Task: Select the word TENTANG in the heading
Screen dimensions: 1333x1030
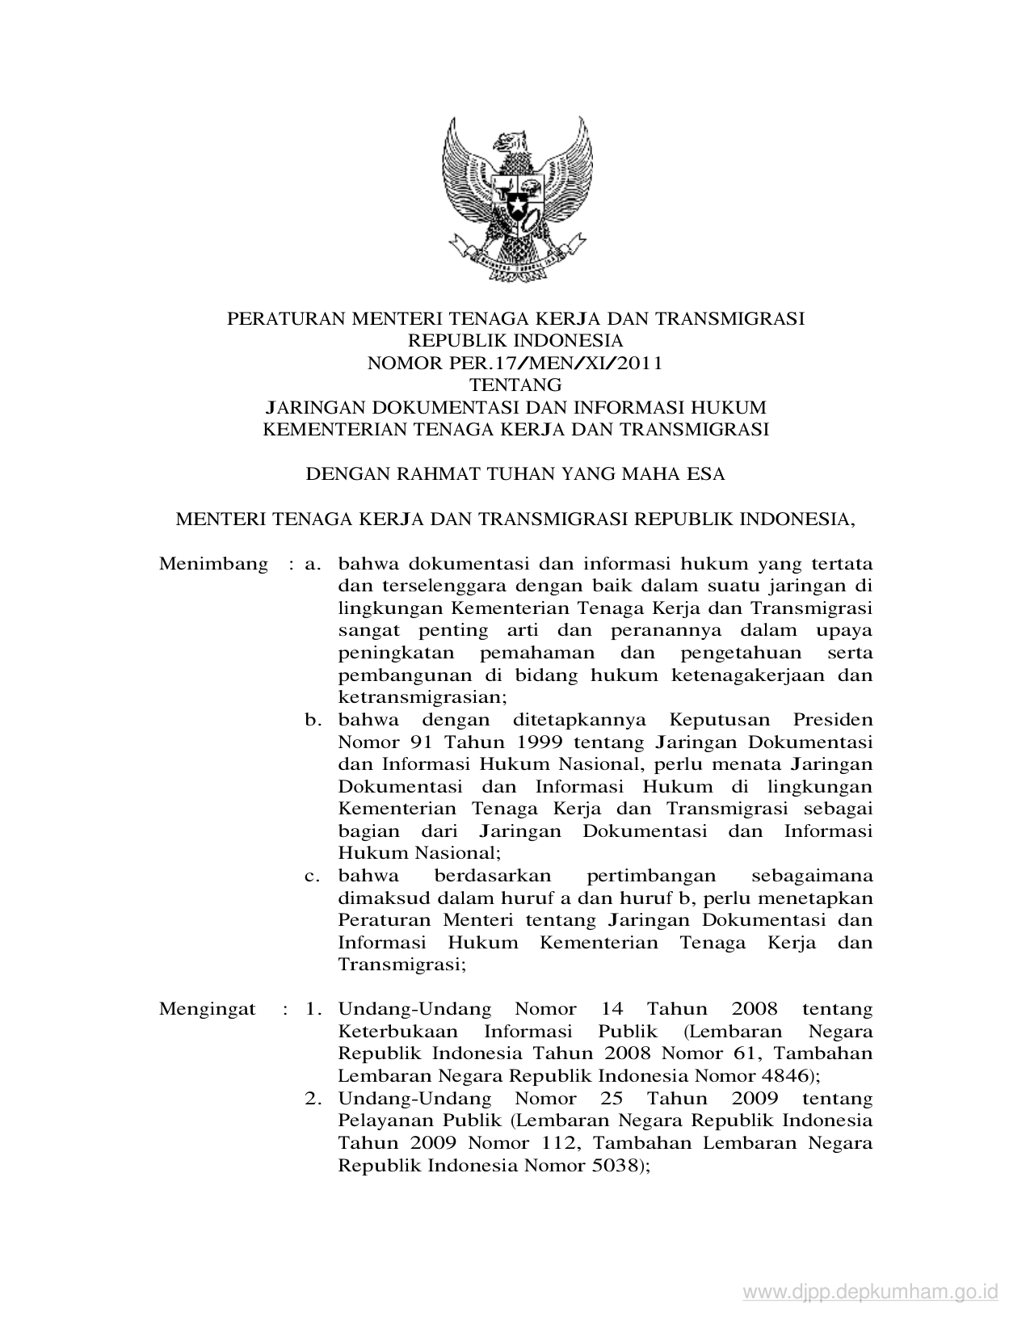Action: click(515, 385)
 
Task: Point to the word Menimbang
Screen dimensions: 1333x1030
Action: click(213, 563)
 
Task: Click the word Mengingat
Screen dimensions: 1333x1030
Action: click(208, 1009)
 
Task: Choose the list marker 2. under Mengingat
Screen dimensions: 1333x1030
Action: click(313, 1099)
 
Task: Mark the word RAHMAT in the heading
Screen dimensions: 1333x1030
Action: click(424, 474)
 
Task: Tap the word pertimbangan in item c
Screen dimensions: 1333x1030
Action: click(651, 876)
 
